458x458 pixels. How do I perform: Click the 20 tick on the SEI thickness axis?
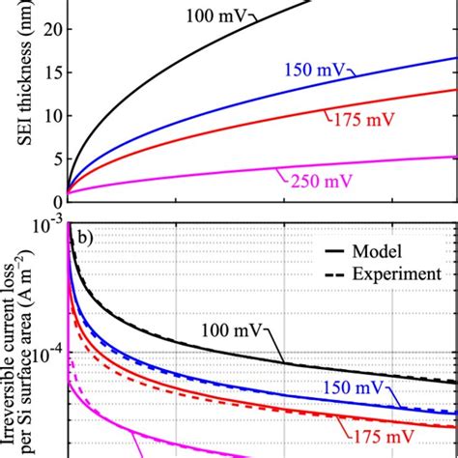52,28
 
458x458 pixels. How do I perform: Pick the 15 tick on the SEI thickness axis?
52,72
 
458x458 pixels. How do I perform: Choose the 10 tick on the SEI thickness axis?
52,114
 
